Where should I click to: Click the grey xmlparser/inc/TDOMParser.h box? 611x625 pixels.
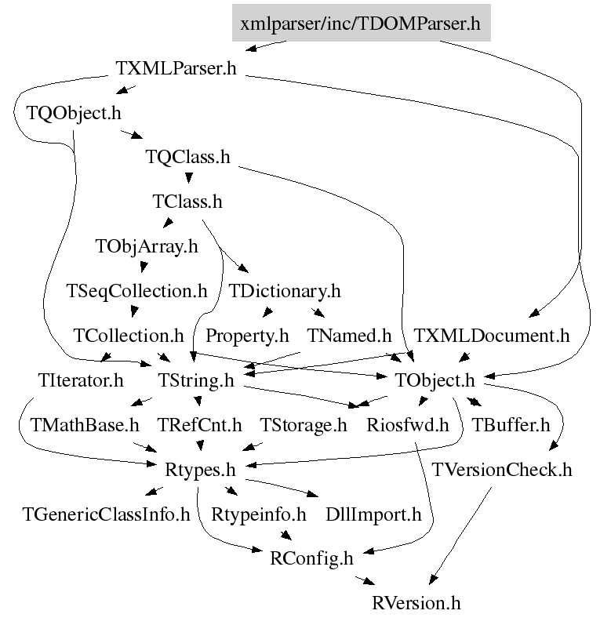[x=361, y=23]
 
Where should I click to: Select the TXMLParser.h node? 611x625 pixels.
[x=176, y=68]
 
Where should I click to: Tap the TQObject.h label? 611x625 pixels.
[x=74, y=113]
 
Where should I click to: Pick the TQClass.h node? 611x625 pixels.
[x=187, y=157]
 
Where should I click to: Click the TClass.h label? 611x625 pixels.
[x=187, y=202]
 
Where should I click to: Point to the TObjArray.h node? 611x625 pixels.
[x=147, y=247]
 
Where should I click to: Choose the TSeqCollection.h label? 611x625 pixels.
[x=136, y=292]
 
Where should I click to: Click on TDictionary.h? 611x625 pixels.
[x=285, y=292]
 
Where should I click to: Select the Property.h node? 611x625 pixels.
[x=247, y=336]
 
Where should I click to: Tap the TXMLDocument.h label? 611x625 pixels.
[x=492, y=336]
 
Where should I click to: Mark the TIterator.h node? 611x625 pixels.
[x=81, y=380]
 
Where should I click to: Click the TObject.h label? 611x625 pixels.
[x=435, y=380]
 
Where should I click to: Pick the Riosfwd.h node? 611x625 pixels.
[x=408, y=425]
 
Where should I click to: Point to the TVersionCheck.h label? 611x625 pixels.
[x=502, y=470]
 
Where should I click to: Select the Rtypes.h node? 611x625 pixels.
[x=200, y=471]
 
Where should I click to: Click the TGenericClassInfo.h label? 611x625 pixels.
[x=106, y=514]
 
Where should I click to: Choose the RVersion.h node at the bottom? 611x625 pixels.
[x=416, y=603]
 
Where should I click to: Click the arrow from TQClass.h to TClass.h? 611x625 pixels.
[x=189, y=177]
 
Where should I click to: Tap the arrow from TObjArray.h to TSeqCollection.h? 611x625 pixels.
[x=144, y=267]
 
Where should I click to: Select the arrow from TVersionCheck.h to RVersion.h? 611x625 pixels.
[x=460, y=536]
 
